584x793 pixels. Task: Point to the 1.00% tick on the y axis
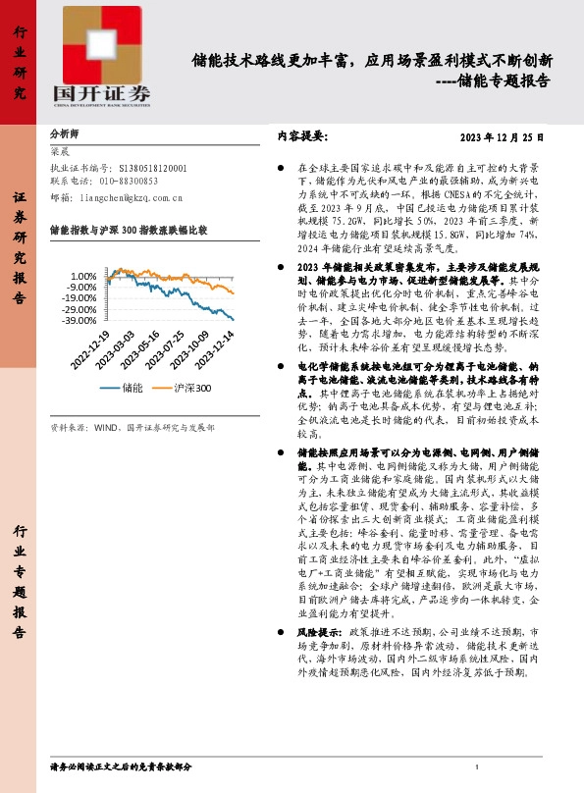tap(84, 276)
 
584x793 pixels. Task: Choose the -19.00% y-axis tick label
tap(79, 298)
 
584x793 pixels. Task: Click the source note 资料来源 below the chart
tap(132, 429)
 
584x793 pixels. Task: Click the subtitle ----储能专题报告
tap(489, 80)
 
